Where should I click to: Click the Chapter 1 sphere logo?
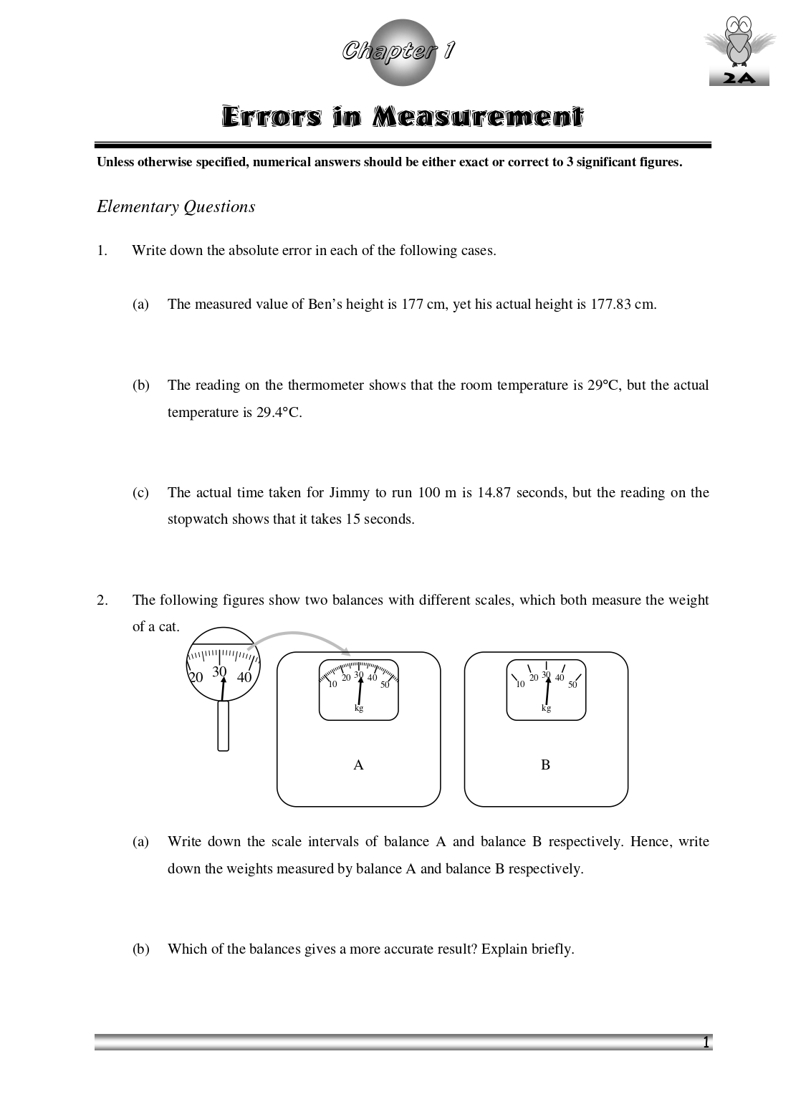[x=401, y=52]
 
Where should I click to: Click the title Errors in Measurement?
[x=402, y=117]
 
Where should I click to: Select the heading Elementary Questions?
[x=176, y=207]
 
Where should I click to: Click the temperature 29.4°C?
[x=270, y=413]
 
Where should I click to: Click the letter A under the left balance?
[x=358, y=765]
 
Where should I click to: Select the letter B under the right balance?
[x=545, y=765]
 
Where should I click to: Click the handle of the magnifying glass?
[x=223, y=725]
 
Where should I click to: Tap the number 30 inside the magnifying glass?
[x=219, y=671]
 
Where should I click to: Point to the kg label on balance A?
[x=359, y=708]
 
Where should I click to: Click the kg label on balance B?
[x=546, y=708]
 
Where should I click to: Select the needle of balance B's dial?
[x=547, y=689]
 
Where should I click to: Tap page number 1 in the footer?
[x=706, y=1043]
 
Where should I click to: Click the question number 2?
[x=102, y=600]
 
